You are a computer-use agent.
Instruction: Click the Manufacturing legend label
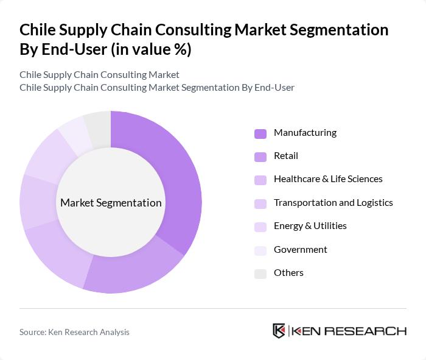click(305, 133)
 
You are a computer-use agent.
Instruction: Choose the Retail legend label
click(286, 156)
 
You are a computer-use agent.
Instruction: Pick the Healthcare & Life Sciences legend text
click(328, 179)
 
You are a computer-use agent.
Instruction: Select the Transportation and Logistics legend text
click(333, 203)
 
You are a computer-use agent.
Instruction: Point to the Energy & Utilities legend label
click(310, 226)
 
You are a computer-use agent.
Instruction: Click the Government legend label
click(300, 250)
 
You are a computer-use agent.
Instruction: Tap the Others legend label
click(288, 273)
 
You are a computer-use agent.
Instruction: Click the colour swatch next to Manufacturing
click(260, 133)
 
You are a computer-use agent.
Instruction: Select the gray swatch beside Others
click(260, 274)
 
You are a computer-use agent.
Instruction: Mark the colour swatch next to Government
click(260, 250)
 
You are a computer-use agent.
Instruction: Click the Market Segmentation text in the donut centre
click(111, 203)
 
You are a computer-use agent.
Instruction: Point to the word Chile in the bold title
click(38, 30)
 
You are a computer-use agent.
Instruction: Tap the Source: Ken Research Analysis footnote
click(74, 332)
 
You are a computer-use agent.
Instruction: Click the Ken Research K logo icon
click(279, 331)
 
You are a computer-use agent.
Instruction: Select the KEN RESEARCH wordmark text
click(349, 331)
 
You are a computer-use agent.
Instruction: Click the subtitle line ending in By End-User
click(156, 88)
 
